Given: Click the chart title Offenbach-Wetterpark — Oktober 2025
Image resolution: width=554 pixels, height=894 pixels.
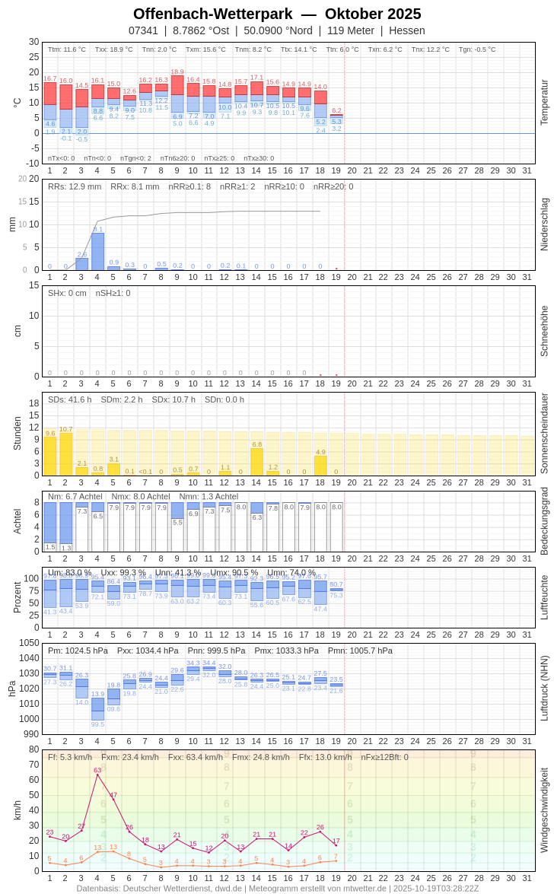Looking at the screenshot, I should coord(277,14).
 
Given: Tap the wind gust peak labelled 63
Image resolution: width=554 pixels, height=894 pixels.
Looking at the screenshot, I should coord(97,775).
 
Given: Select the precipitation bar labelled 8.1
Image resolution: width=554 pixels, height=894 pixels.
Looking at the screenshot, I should coord(97,252).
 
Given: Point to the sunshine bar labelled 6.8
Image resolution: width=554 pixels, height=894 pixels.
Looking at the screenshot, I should coord(256,462).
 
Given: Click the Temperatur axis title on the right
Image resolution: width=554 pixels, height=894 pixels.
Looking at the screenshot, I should coord(544,103).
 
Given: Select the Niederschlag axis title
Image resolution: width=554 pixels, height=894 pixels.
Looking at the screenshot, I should coord(544,224).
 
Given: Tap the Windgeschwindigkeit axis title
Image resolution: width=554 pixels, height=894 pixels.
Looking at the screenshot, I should coord(544,810).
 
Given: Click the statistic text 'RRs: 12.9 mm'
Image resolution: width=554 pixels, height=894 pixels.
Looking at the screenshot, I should coord(75,186).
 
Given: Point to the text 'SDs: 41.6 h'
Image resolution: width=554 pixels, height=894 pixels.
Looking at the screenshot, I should coord(70,399).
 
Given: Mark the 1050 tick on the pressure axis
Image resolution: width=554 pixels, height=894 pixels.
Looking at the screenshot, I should coord(29,643).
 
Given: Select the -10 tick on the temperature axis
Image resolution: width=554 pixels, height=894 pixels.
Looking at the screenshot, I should coord(32,164).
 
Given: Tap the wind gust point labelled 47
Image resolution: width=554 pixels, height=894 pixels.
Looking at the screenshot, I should coord(113,799).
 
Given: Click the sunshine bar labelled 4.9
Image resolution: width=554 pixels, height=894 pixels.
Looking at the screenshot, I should coord(320,466).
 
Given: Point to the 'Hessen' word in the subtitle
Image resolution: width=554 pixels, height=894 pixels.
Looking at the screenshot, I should coord(407,30).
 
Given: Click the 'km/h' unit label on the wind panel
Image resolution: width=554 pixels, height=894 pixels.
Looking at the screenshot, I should coord(17,810).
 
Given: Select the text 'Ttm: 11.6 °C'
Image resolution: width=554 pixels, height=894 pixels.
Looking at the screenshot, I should coord(67,49).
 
